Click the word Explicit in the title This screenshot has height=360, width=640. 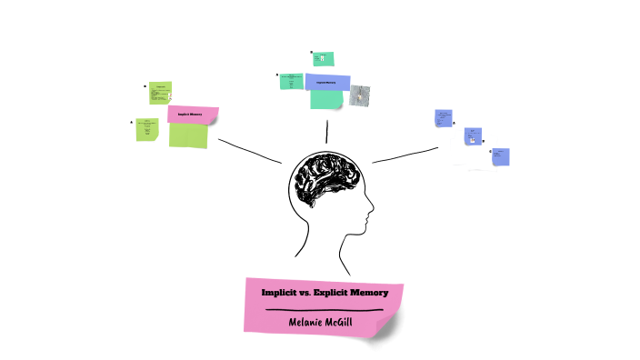[x=331, y=293]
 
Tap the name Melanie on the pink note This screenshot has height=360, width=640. [x=307, y=321]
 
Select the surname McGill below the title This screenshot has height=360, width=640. [x=348, y=321]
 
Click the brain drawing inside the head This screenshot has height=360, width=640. [x=325, y=176]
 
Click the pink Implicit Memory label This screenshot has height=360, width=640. [x=193, y=115]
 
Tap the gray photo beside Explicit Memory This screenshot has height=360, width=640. [x=361, y=95]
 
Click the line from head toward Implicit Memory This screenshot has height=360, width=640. [x=250, y=151]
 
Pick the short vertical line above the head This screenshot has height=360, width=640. [x=326, y=131]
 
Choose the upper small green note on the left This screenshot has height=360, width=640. [x=160, y=91]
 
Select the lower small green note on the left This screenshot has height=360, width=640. [x=147, y=129]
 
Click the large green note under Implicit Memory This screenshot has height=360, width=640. [x=188, y=135]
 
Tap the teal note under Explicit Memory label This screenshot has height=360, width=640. [x=325, y=99]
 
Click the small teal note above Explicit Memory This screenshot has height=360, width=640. [x=319, y=59]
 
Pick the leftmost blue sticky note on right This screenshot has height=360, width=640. [x=444, y=119]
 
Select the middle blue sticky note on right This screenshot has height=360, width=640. [x=472, y=136]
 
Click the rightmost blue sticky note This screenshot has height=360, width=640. [x=500, y=156]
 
